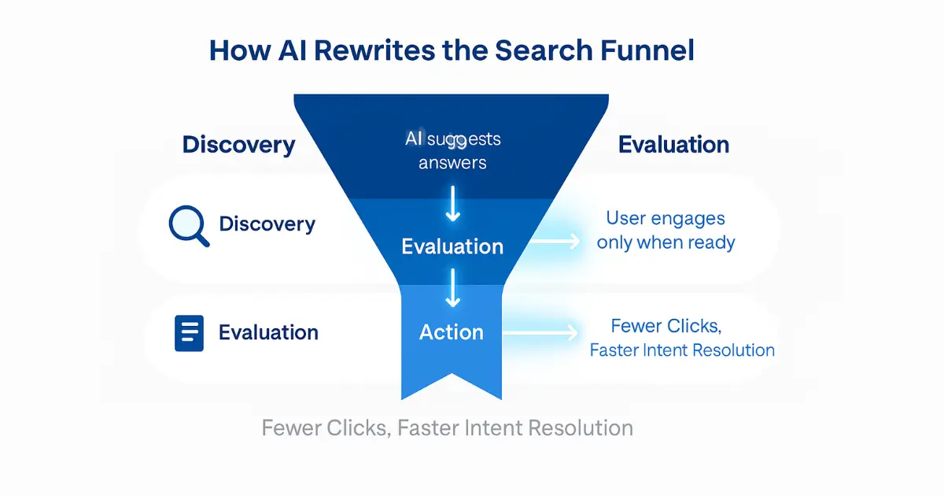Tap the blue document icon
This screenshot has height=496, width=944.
pos(189,332)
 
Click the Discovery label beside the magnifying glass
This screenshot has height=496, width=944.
pos(267,224)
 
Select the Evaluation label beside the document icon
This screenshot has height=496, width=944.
pos(268,332)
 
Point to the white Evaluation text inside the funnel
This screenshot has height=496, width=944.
pos(452,246)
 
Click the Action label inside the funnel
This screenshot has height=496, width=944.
pos(452,332)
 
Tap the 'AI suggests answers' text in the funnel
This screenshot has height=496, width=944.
pos(452,151)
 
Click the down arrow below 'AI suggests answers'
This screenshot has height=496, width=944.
pos(452,205)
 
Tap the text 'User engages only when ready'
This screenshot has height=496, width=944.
pos(666,230)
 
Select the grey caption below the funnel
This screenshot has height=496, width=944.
pos(447,428)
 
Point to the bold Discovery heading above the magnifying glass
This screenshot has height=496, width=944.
pos(238,145)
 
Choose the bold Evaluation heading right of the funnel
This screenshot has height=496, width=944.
pos(673,145)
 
